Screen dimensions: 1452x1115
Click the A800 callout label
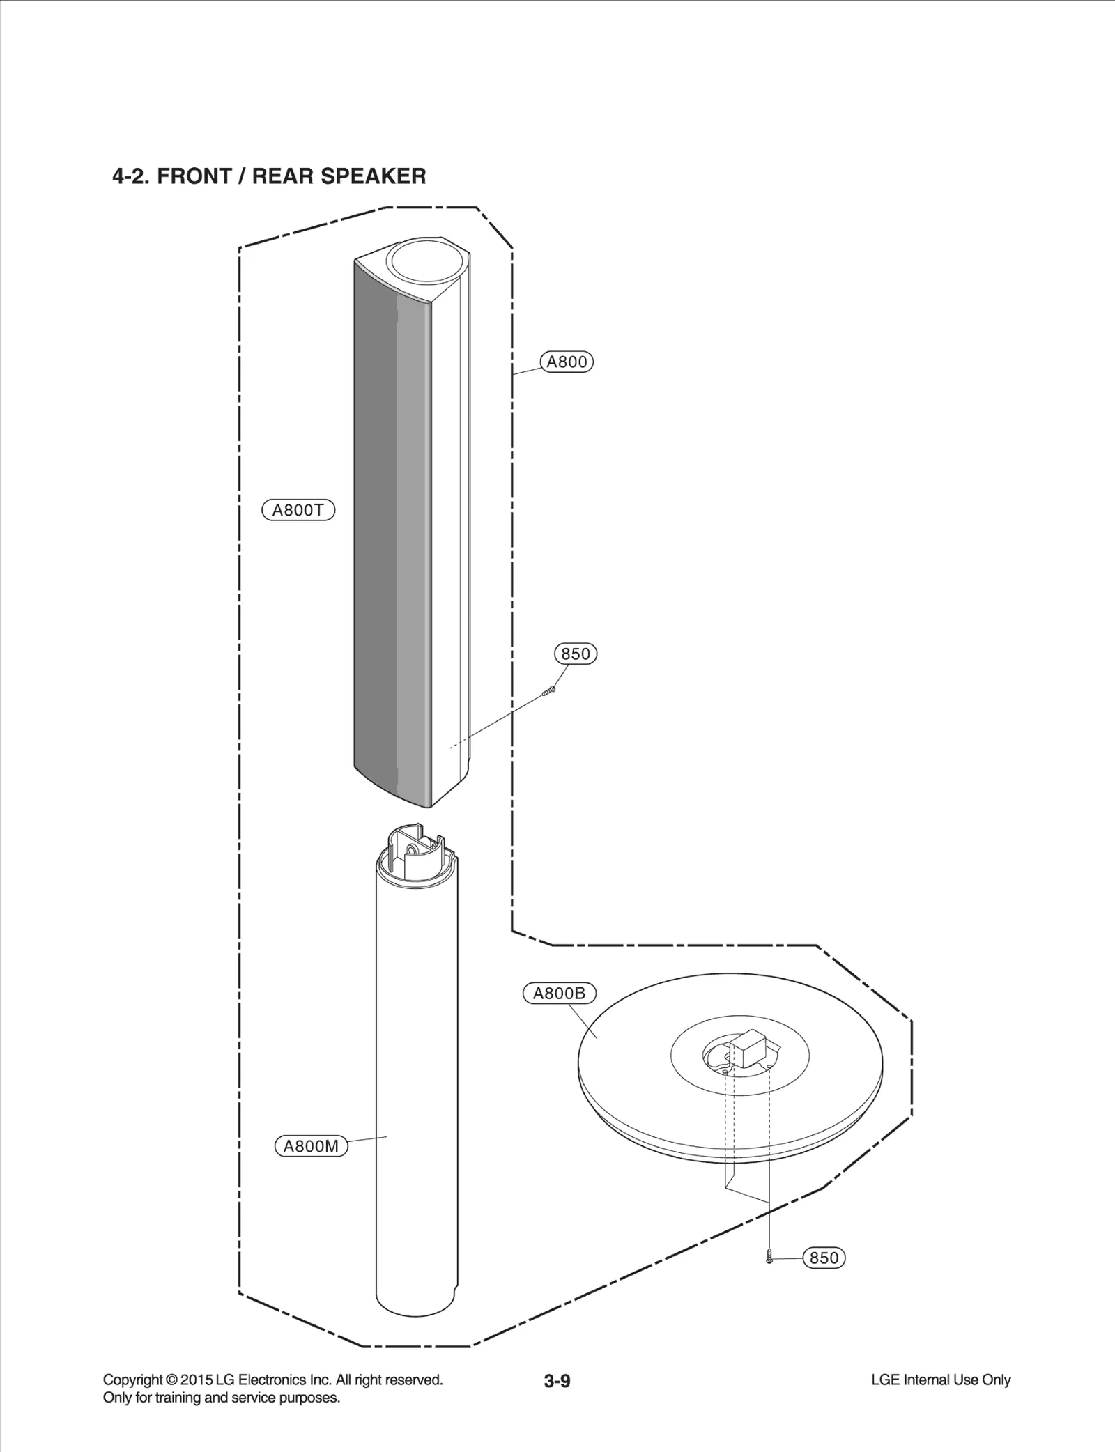[x=567, y=362]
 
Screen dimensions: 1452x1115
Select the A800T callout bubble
[x=298, y=510]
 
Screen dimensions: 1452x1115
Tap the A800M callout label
[x=312, y=1145]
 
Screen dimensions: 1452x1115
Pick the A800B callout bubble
[x=559, y=994]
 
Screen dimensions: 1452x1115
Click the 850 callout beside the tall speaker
[x=576, y=654]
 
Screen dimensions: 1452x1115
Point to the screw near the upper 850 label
[x=548, y=691]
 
